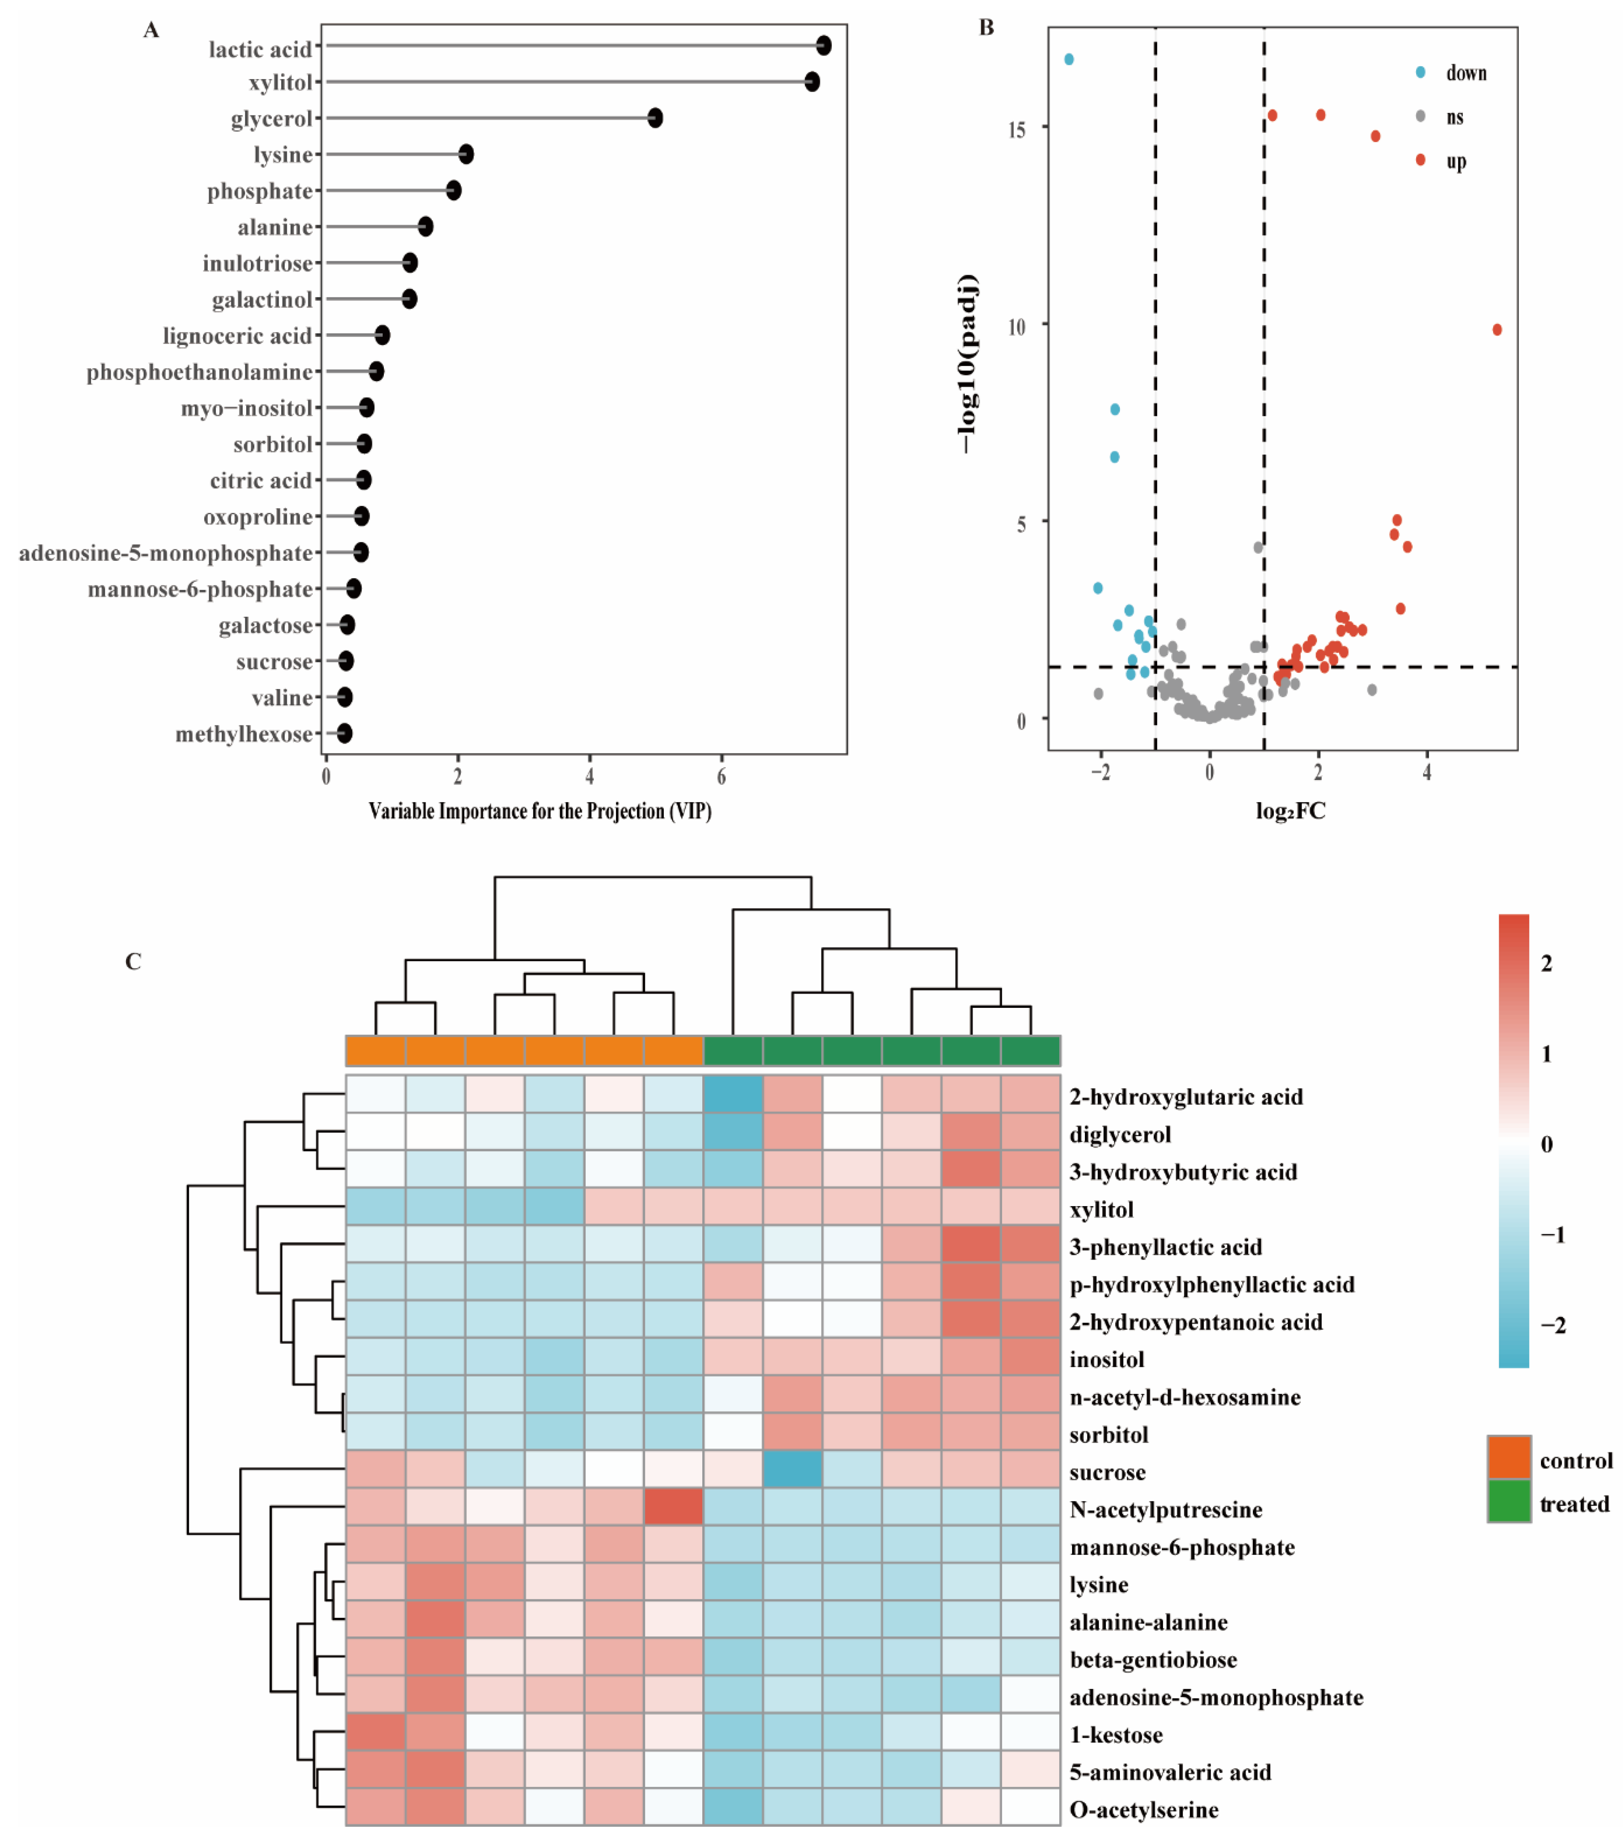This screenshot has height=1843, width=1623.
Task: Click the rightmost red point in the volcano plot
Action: coord(1497,330)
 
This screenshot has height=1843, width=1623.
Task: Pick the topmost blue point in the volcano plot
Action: coord(1069,59)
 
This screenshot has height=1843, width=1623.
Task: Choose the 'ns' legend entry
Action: coord(1455,117)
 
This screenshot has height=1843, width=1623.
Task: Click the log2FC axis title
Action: coord(1290,811)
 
